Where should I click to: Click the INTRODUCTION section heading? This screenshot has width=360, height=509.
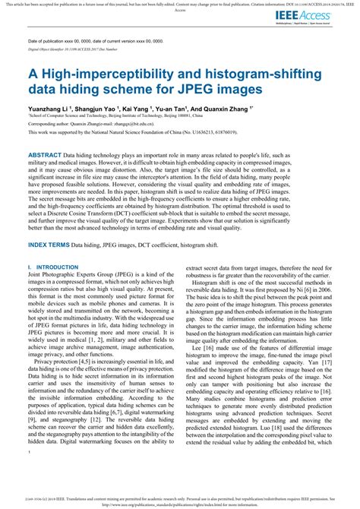[x=51, y=267]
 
